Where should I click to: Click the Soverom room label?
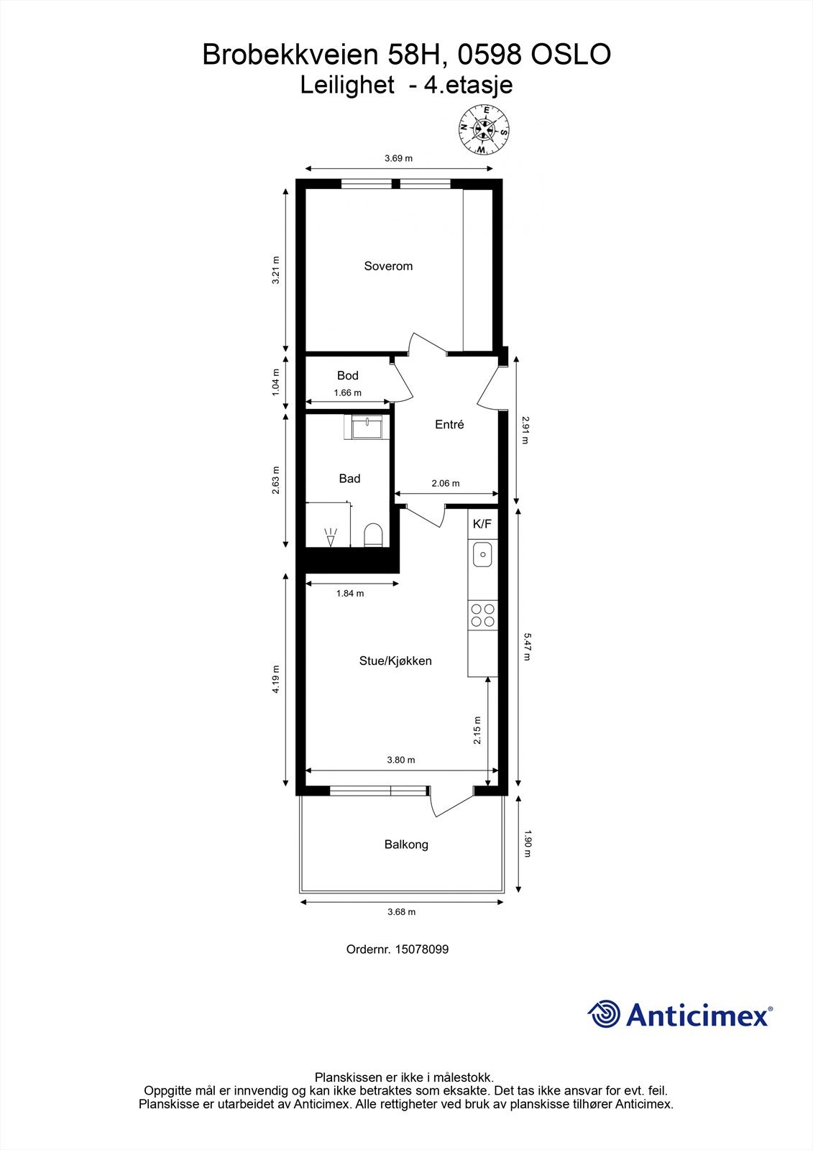point(388,266)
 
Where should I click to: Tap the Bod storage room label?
point(347,375)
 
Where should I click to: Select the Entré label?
point(449,425)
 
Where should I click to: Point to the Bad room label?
point(349,478)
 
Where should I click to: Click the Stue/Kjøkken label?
point(395,661)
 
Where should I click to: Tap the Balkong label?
point(406,845)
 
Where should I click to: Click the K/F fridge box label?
point(482,524)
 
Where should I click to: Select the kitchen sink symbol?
point(482,554)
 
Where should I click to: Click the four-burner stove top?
point(482,615)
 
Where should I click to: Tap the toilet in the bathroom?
point(372,535)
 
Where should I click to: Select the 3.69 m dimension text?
point(398,158)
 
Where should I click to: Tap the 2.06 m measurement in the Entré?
point(445,483)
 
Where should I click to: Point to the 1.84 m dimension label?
point(350,593)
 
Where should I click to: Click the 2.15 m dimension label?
point(477,730)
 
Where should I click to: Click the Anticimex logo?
point(679,1014)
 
